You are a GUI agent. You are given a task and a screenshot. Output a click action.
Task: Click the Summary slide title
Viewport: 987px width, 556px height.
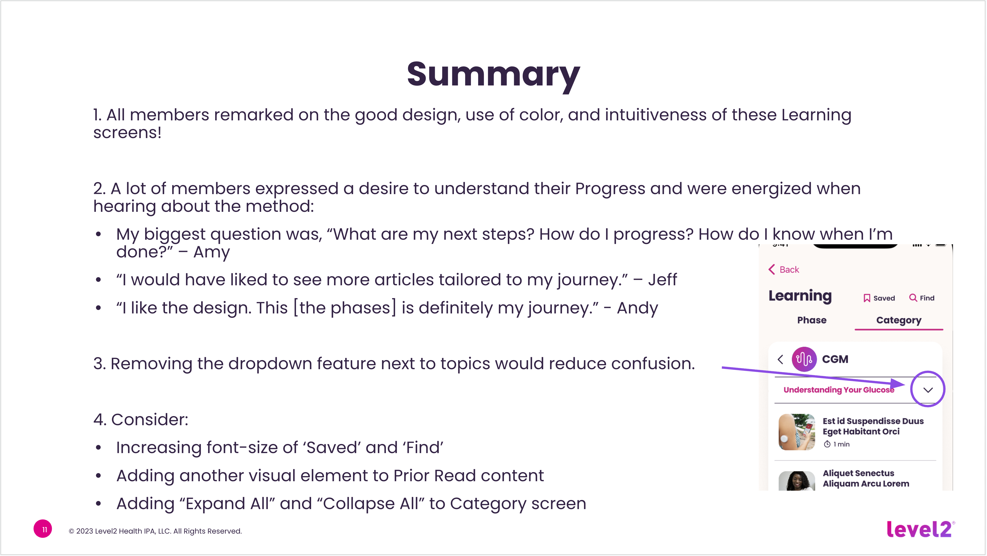(x=493, y=75)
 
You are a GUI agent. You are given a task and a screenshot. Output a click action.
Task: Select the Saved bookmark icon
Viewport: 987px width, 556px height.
(x=867, y=298)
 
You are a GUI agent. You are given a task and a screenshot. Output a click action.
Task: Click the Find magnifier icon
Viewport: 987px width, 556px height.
(x=913, y=298)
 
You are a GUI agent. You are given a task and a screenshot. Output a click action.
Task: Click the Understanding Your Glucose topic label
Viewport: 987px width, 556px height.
(x=838, y=390)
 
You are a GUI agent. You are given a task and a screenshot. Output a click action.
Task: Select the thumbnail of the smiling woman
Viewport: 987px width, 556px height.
(x=797, y=481)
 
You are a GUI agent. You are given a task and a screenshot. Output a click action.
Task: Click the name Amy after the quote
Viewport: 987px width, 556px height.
(x=212, y=252)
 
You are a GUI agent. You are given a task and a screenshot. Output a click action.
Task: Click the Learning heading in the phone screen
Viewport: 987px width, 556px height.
(x=800, y=296)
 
